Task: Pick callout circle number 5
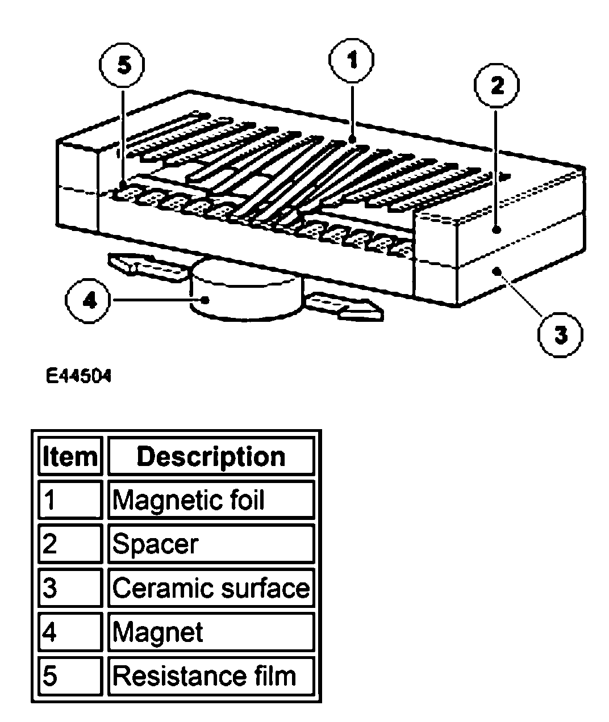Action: pyautogui.click(x=123, y=65)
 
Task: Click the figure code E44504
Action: pyautogui.click(x=79, y=376)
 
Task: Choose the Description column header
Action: pyautogui.click(x=211, y=456)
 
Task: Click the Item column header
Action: pyautogui.click(x=70, y=456)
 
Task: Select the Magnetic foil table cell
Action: pyautogui.click(x=211, y=500)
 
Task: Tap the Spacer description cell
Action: pyautogui.click(x=211, y=544)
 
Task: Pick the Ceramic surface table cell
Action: pyautogui.click(x=211, y=588)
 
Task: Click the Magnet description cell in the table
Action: pyautogui.click(x=211, y=632)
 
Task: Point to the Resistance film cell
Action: pyautogui.click(x=211, y=675)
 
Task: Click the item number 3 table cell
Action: pyautogui.click(x=70, y=588)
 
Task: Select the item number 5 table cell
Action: pyautogui.click(x=70, y=675)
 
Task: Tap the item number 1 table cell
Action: pyautogui.click(x=70, y=500)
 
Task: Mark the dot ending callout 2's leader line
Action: pyautogui.click(x=497, y=230)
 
